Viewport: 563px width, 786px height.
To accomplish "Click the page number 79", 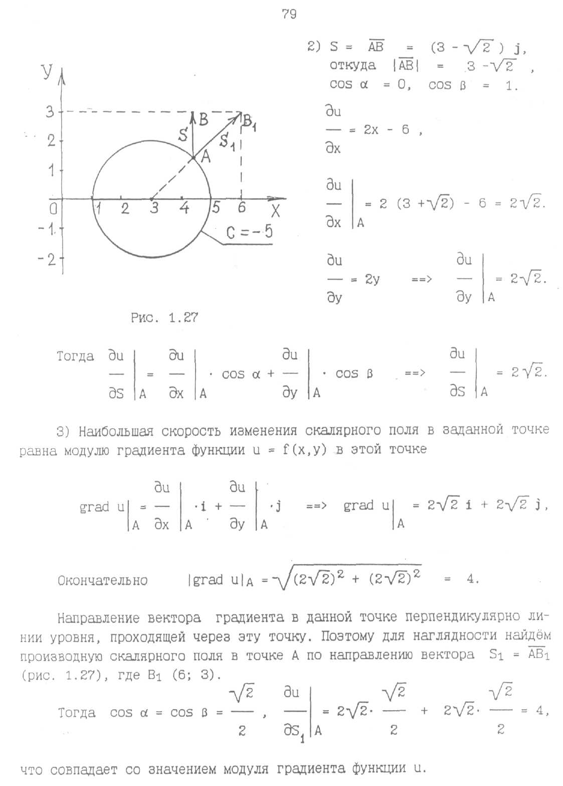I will coord(289,14).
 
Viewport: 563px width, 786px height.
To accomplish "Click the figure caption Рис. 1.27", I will coord(164,317).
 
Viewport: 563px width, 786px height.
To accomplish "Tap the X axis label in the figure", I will coord(275,211).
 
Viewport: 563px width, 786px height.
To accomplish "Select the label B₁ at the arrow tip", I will coord(249,122).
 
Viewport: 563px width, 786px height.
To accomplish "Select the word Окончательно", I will coord(102,581).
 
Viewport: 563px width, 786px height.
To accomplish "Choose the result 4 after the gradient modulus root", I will coord(470,579).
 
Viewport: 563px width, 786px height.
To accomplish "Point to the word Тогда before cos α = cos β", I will coord(76,713).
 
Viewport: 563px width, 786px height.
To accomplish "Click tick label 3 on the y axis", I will coord(50,112).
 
